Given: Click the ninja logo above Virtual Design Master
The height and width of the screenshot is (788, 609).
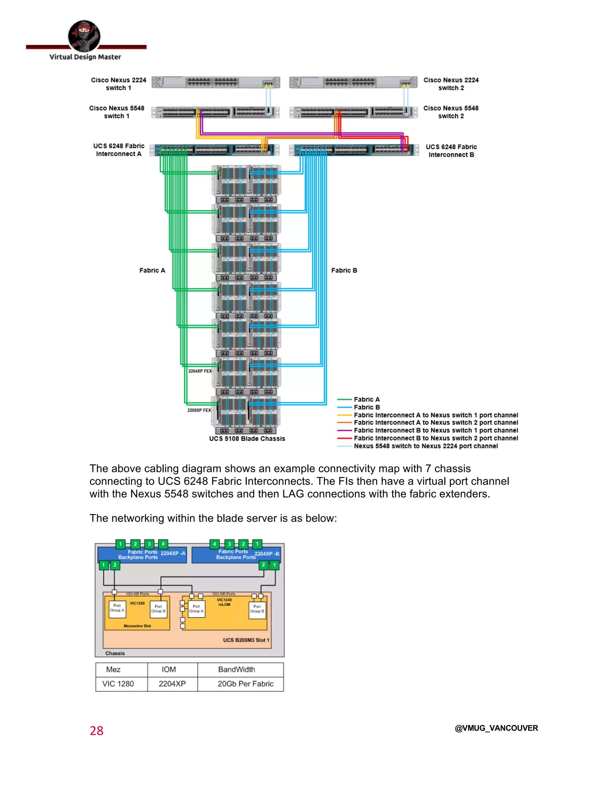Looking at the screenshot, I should (x=84, y=36).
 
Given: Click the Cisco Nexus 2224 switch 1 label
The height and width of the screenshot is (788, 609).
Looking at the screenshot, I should (x=118, y=84).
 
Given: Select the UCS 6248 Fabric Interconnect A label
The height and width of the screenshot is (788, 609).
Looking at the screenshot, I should (x=119, y=150).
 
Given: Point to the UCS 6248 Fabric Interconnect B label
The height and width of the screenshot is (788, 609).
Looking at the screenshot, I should (x=451, y=150).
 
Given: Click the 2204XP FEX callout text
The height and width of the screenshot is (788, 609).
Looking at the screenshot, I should (x=200, y=371).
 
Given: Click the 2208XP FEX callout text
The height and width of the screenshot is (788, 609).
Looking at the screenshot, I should (x=199, y=410).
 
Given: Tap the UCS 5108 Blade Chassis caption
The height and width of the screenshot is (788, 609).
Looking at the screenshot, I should (x=247, y=438).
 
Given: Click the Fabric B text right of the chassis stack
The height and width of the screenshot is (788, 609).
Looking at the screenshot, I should (x=344, y=270).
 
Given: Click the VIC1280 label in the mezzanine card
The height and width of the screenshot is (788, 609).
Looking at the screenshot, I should (x=137, y=603).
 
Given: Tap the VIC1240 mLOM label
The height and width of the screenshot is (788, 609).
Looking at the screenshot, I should (x=224, y=602).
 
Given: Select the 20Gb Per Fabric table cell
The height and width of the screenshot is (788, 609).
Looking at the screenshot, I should (x=245, y=684).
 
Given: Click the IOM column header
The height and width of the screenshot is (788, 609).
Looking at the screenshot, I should (x=169, y=669).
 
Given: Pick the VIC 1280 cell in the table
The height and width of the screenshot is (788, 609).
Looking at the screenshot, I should (x=118, y=684).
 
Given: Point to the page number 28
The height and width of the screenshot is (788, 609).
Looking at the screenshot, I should (x=96, y=731).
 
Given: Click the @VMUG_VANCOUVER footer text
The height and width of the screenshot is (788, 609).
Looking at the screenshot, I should (x=496, y=728).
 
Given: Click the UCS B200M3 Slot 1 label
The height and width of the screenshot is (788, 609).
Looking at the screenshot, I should (x=246, y=640).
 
